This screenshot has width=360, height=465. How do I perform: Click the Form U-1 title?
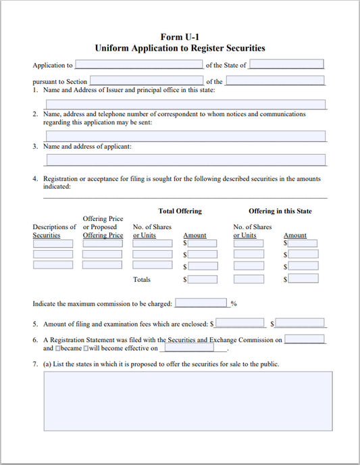(180, 36)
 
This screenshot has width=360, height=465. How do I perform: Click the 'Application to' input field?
(138, 65)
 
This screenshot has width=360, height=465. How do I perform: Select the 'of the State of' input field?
(286, 65)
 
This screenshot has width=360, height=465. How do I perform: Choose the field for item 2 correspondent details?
(185, 136)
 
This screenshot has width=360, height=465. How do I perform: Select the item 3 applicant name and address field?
(185, 160)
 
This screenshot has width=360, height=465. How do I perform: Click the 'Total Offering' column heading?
(180, 211)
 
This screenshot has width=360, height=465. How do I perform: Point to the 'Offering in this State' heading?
(280, 211)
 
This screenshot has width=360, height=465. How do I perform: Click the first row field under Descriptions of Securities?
(53, 243)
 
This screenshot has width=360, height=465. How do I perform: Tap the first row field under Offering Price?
(102, 243)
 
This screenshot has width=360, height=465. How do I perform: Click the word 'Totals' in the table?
(142, 279)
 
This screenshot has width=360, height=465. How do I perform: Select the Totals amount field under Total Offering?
(202, 279)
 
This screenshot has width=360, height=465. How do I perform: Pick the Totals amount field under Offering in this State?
(303, 279)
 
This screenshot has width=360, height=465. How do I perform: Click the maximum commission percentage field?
(201, 303)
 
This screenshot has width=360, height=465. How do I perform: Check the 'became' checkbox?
(59, 349)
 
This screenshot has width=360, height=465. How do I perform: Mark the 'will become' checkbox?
(86, 349)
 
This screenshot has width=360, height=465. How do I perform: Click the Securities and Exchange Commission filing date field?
(305, 339)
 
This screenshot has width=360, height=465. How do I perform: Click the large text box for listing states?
(188, 401)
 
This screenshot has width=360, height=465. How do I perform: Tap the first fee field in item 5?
(240, 323)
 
